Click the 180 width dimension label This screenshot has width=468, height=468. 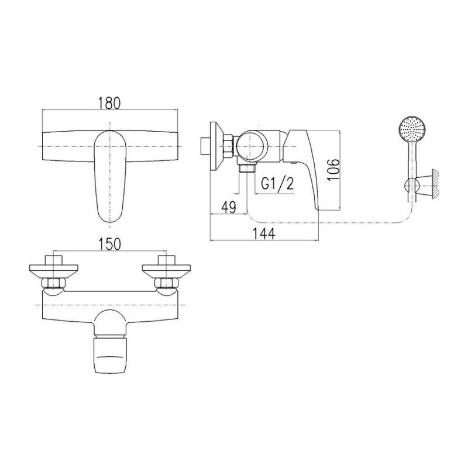(x=109, y=103)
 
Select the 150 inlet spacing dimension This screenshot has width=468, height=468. (x=110, y=244)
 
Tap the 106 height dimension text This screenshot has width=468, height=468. (x=333, y=169)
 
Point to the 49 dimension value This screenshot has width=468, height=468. (x=229, y=207)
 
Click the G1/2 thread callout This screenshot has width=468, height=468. (x=277, y=184)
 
